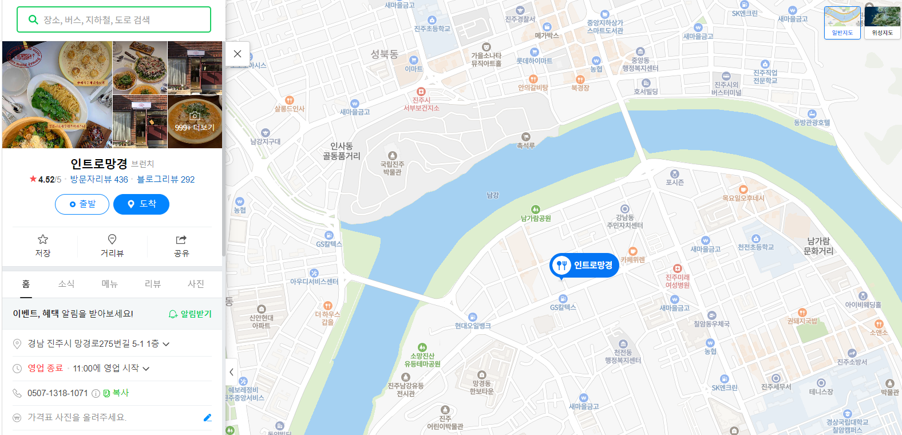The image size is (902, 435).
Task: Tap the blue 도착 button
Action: (x=141, y=204)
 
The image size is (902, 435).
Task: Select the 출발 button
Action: (x=82, y=204)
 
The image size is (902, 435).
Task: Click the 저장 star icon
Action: (x=43, y=240)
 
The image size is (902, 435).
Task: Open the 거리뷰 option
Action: (x=112, y=246)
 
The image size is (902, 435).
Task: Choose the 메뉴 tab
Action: (x=109, y=284)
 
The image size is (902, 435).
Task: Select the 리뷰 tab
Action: (x=153, y=284)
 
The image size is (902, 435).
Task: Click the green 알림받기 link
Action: (x=191, y=314)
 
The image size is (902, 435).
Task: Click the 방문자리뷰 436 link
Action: (x=99, y=179)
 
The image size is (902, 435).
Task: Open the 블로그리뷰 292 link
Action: (x=166, y=179)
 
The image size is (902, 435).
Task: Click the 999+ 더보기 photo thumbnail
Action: (x=195, y=121)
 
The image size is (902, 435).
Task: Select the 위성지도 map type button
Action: (x=882, y=22)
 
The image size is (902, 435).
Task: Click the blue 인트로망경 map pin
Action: (x=584, y=265)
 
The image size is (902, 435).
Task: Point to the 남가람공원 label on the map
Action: (x=536, y=217)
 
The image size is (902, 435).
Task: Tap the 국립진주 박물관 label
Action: (x=392, y=168)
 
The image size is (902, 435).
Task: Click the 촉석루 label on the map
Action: (x=525, y=145)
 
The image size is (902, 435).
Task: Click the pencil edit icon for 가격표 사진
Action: (x=207, y=418)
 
